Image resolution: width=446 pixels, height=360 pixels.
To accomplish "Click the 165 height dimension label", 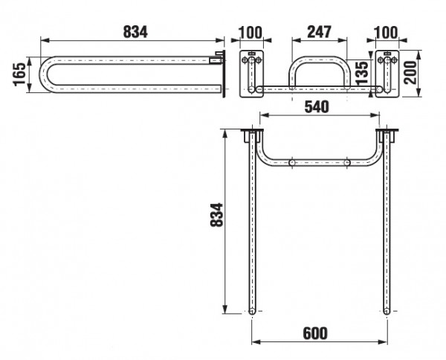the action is [x=19, y=74].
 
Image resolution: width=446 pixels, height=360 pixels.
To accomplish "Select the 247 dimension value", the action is [x=319, y=32].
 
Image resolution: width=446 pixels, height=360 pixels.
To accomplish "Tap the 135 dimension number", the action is [x=362, y=73].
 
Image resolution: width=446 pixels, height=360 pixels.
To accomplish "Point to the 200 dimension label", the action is [x=410, y=72].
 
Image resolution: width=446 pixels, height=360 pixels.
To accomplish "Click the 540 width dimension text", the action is [x=317, y=107].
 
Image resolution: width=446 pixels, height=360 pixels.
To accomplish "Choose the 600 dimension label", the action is [x=315, y=333].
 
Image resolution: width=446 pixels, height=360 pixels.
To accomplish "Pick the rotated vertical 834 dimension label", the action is [x=216, y=214].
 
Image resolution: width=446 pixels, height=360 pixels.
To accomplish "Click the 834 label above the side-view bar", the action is [x=135, y=32].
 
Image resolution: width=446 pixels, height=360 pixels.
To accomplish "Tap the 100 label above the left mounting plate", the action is [x=251, y=33].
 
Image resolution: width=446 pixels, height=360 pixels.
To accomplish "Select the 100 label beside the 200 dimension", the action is [x=386, y=33].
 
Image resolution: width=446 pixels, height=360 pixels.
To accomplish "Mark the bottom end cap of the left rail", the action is [x=252, y=311].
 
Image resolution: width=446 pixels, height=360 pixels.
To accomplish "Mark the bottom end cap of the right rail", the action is [x=387, y=311].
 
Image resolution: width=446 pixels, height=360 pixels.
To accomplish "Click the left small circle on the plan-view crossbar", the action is [x=292, y=163].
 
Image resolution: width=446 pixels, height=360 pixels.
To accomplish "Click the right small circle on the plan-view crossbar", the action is [x=347, y=163].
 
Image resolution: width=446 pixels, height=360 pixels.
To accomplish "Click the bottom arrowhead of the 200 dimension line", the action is [x=418, y=93].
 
